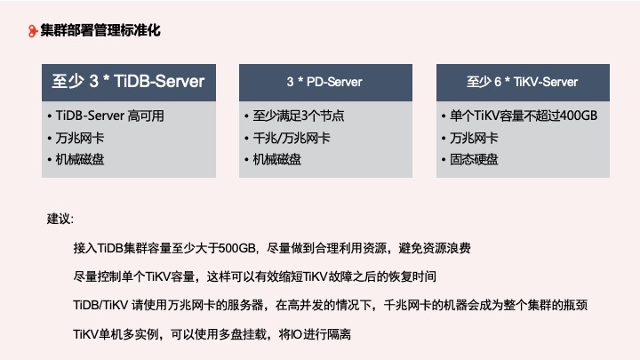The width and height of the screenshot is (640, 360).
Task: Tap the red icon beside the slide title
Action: (33, 31)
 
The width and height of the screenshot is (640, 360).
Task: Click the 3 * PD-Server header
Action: (324, 82)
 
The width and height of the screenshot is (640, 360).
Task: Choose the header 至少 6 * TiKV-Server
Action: (522, 82)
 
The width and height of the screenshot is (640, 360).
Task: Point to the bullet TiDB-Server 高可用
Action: (110, 116)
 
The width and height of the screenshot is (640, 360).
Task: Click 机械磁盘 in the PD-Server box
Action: (276, 159)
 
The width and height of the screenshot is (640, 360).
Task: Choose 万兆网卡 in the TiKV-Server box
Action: (473, 138)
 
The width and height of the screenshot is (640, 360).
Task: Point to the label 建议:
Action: (60, 219)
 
